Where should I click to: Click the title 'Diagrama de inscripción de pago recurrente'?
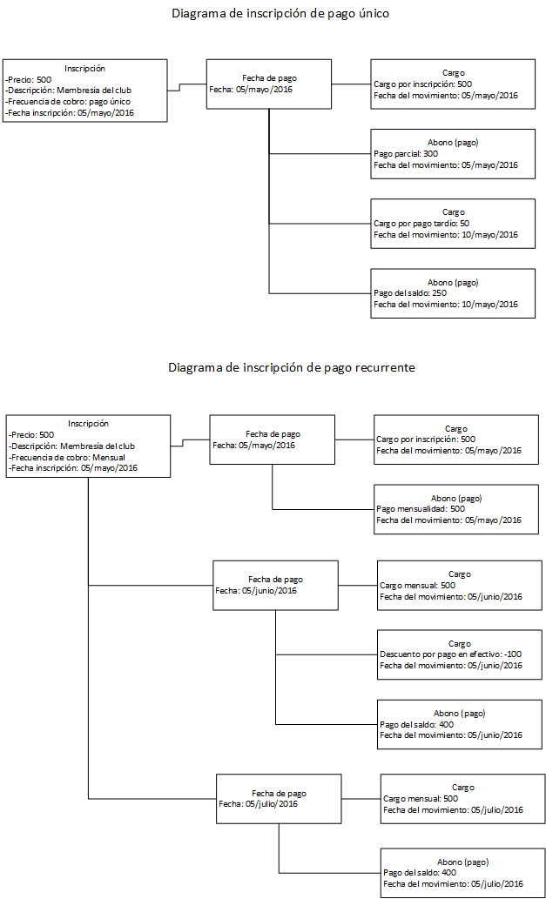[292, 367]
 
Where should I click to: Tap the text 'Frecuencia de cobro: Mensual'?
[68, 456]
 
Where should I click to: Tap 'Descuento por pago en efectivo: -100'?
[451, 654]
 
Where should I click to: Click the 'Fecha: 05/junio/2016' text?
[256, 591]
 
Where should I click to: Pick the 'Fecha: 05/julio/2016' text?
[258, 804]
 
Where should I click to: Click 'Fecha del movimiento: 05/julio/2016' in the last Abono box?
[453, 883]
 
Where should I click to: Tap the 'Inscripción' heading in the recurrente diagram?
[88, 424]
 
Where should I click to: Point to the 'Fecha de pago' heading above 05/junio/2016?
[276, 580]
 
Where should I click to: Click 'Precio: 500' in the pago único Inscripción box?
[28, 80]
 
